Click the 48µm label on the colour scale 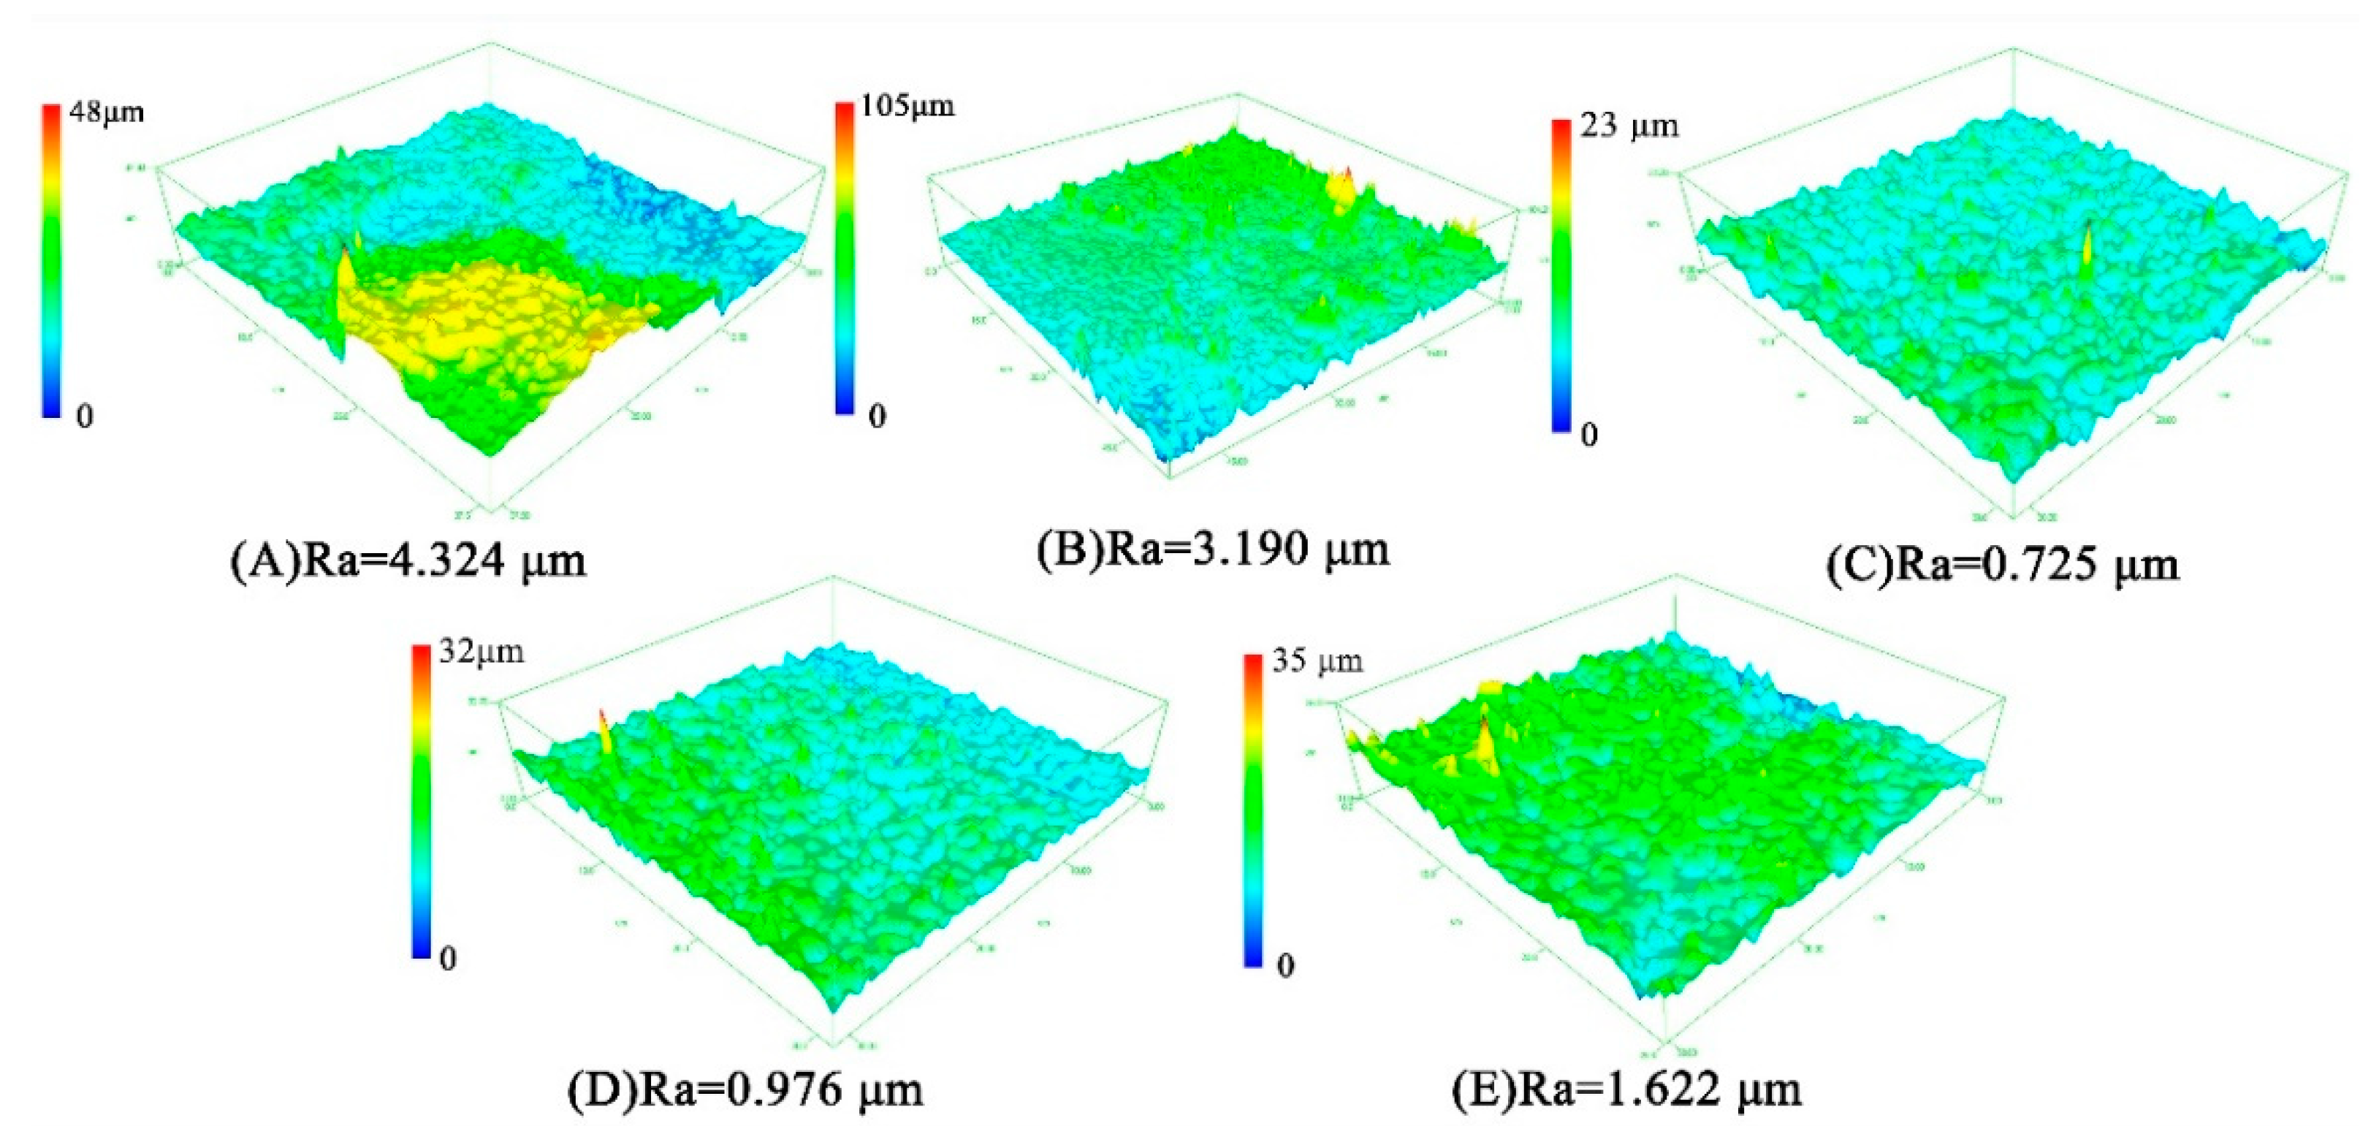[106, 113]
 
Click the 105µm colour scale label [905, 107]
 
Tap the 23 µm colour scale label [1629, 126]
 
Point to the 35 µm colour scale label [1317, 661]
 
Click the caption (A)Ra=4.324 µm [408, 560]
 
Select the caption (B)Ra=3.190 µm [1212, 549]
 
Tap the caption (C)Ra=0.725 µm [2002, 564]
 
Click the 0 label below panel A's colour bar [84, 417]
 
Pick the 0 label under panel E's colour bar [1285, 965]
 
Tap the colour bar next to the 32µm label [421, 802]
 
